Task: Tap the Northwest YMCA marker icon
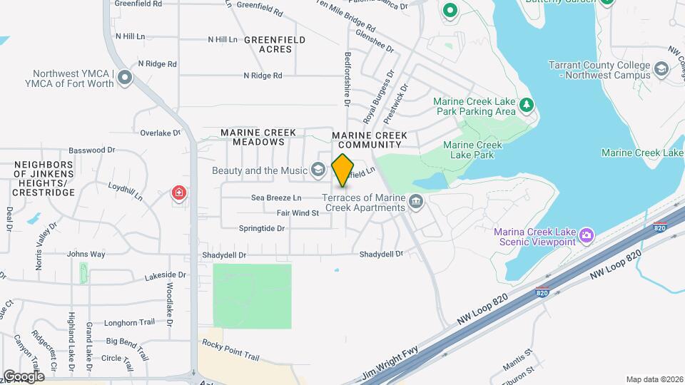point(126,77)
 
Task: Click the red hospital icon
point(178,193)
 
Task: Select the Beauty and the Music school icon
point(319,170)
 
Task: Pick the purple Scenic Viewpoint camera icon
point(587,235)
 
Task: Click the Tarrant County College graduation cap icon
point(661,70)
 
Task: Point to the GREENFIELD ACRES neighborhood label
point(275,44)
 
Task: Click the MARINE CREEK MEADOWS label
point(253,138)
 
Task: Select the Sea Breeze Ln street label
point(276,197)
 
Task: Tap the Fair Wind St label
point(298,212)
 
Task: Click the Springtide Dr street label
point(261,228)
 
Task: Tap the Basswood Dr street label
point(91,150)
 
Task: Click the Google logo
point(24,376)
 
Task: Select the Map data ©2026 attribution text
point(654,379)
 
